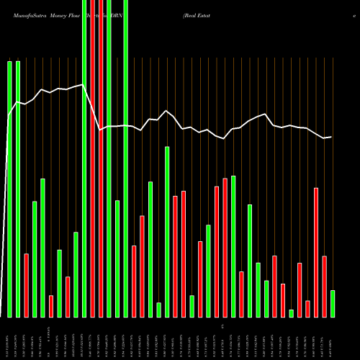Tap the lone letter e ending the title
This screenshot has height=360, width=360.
pos(354,14)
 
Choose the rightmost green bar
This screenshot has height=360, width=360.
pos(333,303)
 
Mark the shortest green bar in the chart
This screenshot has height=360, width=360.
pos(291,313)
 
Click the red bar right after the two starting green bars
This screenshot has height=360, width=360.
pos(27,285)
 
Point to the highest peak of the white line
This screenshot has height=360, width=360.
pos(84,84)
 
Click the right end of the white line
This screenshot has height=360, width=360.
pos(331,137)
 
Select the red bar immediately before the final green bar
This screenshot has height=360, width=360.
pos(324,287)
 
